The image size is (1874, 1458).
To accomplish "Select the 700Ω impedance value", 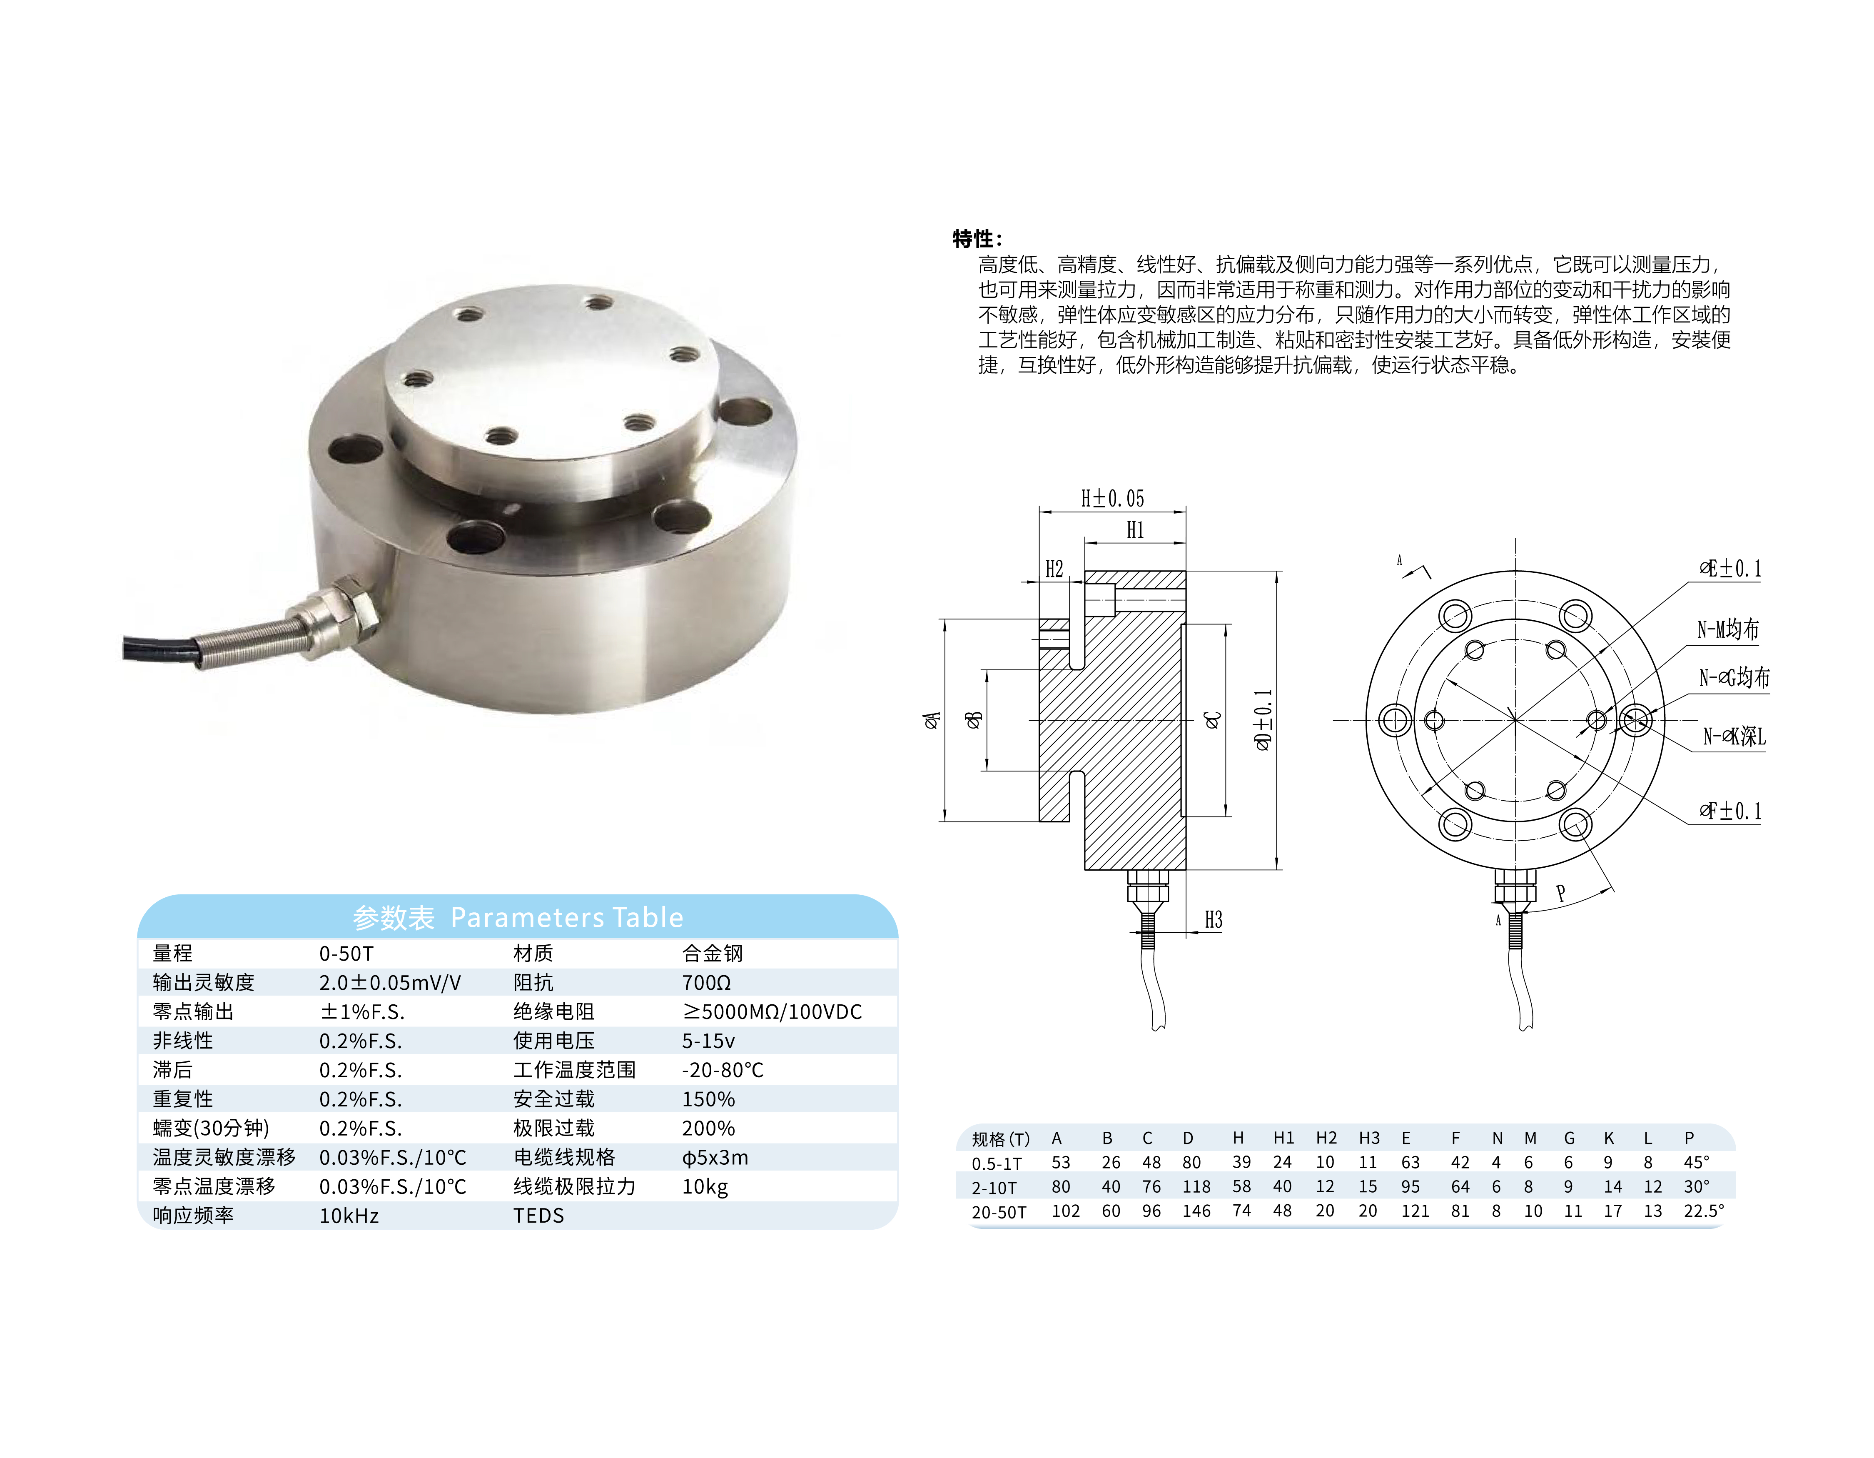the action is (706, 983).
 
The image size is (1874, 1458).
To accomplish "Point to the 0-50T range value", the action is (346, 954).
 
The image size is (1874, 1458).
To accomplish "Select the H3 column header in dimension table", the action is (1368, 1138).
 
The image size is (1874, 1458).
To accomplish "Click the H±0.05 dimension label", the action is (1112, 499).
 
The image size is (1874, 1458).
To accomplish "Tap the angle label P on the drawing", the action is (1561, 893).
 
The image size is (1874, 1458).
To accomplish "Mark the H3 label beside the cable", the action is (1212, 920).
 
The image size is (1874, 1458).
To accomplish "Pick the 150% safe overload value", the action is (708, 1099).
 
